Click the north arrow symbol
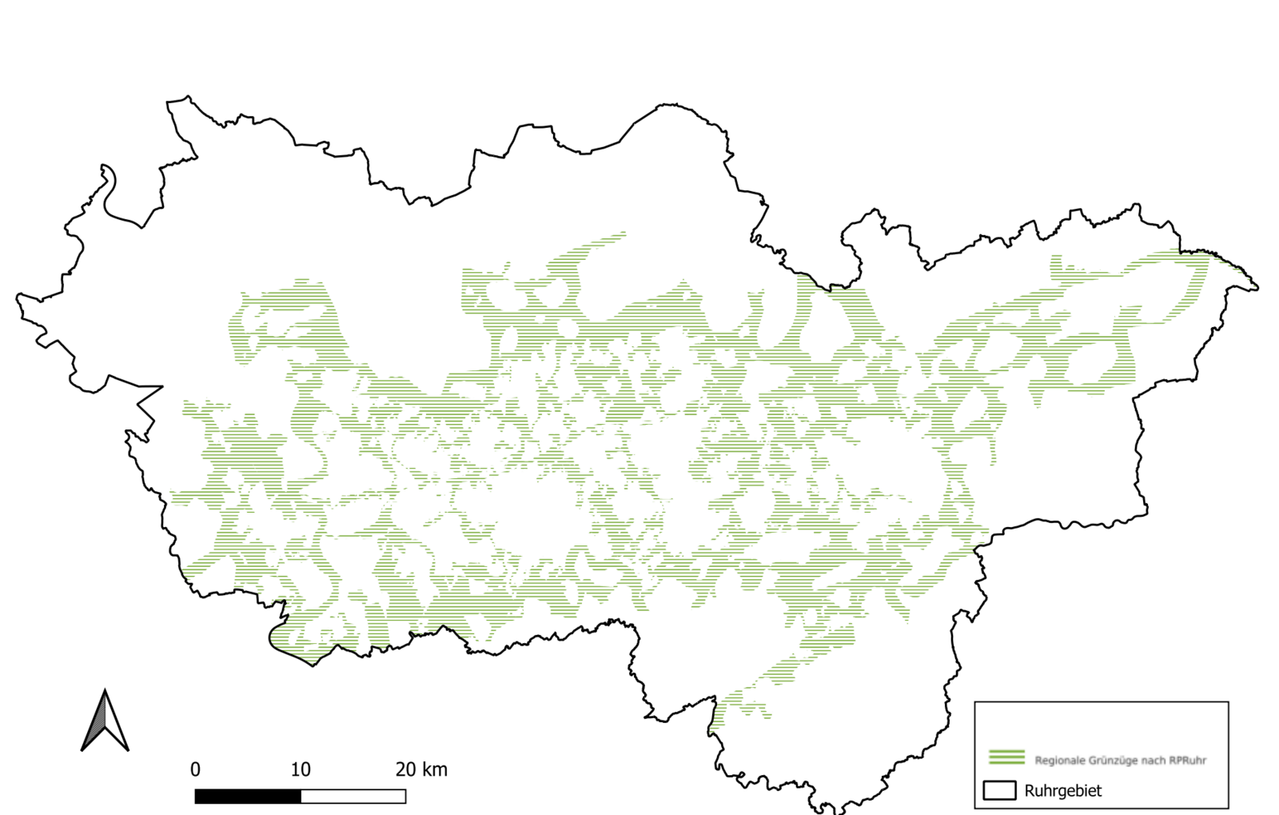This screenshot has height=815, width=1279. tap(105, 722)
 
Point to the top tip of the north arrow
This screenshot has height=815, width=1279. tap(105, 692)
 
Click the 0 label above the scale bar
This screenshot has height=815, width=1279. tap(195, 769)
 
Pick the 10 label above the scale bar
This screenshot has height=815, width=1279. tap(301, 769)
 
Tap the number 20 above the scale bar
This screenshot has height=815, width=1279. tap(405, 769)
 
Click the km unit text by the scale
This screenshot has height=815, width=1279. tap(434, 769)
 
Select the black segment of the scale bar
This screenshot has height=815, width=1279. tap(248, 797)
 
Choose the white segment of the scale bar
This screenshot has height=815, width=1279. tap(353, 797)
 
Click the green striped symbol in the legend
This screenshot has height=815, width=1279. tap(1006, 757)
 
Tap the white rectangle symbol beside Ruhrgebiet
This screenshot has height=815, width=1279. tap(999, 790)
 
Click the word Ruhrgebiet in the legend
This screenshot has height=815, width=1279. tap(1063, 790)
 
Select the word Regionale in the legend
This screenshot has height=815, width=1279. tap(1060, 761)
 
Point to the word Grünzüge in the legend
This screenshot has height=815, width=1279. tap(1114, 761)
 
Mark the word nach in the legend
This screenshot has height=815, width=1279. tap(1154, 761)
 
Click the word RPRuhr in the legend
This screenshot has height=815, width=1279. tap(1187, 761)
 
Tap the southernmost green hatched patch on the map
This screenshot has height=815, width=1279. tap(716, 720)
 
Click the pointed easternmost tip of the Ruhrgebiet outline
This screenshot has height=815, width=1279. tap(1257, 287)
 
